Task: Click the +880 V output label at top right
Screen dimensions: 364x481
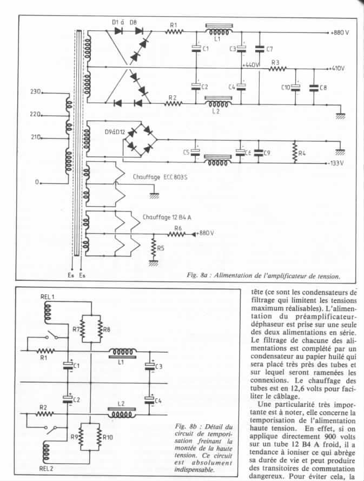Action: point(340,32)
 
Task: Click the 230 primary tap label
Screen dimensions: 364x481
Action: point(36,91)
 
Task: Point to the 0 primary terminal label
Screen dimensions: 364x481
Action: point(37,182)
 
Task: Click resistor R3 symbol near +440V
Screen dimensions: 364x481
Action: point(277,68)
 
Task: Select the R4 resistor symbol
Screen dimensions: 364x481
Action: point(295,152)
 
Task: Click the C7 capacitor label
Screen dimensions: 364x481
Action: point(269,49)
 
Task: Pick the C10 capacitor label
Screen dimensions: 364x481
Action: point(286,88)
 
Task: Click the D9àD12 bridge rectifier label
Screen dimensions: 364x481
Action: point(114,133)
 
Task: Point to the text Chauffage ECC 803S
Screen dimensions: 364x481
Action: point(160,177)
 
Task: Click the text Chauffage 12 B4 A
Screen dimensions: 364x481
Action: point(167,217)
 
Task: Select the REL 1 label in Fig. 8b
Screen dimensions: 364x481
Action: point(47,296)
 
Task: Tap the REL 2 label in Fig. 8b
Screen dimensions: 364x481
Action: point(47,469)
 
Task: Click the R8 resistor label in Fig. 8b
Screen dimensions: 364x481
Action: point(107,330)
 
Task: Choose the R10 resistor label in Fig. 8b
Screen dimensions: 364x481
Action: point(108,437)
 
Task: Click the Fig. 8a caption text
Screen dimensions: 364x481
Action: point(263,275)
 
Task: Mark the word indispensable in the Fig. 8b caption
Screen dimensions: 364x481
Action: point(194,469)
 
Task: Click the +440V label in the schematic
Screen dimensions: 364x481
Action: point(251,65)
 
